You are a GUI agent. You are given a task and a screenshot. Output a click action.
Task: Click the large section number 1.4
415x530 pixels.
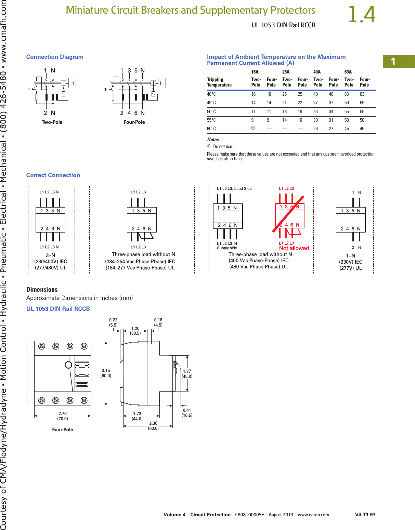point(362,15)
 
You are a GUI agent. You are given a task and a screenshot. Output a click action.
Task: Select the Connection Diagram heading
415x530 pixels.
point(55,57)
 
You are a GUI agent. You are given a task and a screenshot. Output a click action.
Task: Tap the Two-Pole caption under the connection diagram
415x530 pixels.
point(52,122)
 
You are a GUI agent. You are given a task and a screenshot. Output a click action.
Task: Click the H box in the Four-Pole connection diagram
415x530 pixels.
point(162,83)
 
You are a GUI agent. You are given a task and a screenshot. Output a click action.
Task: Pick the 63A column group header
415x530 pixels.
point(348,72)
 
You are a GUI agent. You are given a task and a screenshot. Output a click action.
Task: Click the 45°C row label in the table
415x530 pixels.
point(211,103)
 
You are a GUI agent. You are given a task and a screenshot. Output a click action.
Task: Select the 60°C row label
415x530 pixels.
point(211,129)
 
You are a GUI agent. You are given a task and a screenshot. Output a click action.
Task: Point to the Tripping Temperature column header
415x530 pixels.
point(219,82)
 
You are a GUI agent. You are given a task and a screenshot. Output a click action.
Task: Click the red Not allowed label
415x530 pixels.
point(294,248)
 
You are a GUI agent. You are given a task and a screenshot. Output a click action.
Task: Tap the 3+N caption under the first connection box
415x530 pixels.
point(51,255)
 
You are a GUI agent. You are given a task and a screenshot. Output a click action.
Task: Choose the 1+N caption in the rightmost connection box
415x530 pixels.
point(351,256)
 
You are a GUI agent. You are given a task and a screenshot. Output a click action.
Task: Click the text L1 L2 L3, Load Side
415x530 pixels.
point(234,189)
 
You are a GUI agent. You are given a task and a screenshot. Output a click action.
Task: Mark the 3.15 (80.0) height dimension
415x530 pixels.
point(106,373)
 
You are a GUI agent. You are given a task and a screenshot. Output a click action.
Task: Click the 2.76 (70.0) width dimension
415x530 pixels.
point(63,416)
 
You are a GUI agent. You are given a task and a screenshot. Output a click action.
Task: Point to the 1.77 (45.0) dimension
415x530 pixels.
point(187,374)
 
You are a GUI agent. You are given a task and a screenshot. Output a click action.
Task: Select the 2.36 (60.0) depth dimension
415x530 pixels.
point(153,425)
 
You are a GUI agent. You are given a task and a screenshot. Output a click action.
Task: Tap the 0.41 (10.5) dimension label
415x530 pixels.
point(187,413)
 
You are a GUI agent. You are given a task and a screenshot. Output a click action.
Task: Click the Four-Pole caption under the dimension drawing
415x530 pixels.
point(63,429)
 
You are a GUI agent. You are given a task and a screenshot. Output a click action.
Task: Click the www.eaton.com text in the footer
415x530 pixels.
point(313,515)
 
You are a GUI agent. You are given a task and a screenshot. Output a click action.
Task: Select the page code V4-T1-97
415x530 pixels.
point(365,515)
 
